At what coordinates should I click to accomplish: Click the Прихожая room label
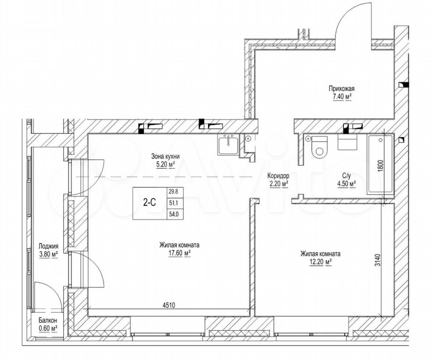[x=341, y=88]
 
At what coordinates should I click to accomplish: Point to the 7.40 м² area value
[x=342, y=97]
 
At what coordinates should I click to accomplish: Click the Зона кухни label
[x=165, y=157]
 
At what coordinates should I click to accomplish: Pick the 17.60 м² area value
[x=180, y=253]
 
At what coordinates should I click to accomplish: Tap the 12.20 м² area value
[x=320, y=262]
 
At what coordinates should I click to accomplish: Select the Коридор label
[x=278, y=175]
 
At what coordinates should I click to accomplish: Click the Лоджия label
[x=48, y=246]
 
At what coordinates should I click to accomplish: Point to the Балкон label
[x=48, y=320]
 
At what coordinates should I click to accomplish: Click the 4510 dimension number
[x=169, y=305]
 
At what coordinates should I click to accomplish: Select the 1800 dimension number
[x=380, y=166]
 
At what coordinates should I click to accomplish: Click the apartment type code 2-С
[x=150, y=202]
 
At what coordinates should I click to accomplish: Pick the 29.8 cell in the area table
[x=174, y=192]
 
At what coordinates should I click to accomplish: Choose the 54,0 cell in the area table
[x=174, y=214]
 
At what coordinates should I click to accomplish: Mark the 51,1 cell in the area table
[x=174, y=203]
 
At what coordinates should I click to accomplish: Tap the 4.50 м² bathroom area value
[x=346, y=184]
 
